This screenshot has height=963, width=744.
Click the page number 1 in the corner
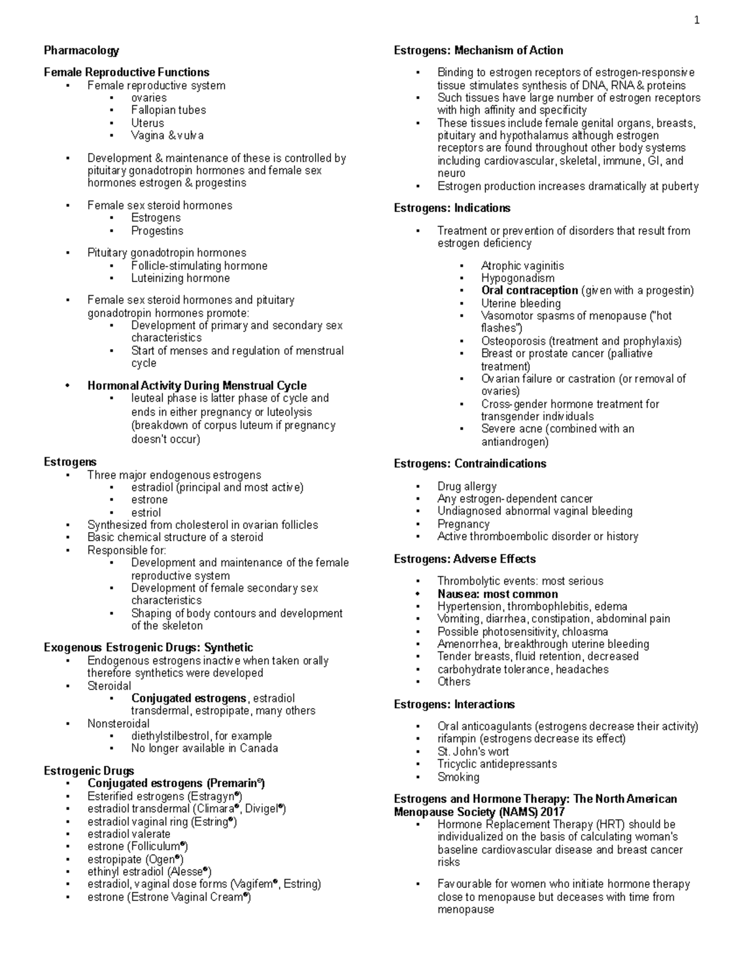(697, 20)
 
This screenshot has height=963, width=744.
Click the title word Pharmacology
(81, 50)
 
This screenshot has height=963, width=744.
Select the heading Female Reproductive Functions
(126, 72)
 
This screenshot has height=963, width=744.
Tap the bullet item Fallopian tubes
(168, 110)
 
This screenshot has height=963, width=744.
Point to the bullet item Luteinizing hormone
(180, 278)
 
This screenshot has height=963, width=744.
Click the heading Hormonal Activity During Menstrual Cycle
(197, 386)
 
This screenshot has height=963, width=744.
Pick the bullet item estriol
(146, 512)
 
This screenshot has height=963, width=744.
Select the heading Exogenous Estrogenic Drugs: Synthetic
(148, 647)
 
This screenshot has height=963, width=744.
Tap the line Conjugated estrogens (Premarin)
(176, 783)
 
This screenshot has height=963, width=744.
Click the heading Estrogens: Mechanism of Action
(478, 50)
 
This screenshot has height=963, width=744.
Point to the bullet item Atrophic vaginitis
(522, 265)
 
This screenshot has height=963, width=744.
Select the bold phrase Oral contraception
(529, 290)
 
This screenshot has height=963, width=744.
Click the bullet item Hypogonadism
(518, 278)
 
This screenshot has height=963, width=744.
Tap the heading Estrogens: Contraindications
(470, 464)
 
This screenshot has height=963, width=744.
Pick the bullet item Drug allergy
(466, 486)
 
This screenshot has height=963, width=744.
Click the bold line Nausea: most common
(497, 594)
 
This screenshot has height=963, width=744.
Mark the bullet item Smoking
(458, 777)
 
